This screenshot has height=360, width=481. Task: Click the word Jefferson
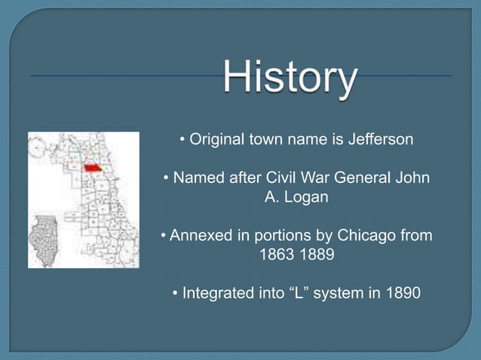point(379,140)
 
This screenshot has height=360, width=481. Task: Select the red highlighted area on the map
point(92,168)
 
